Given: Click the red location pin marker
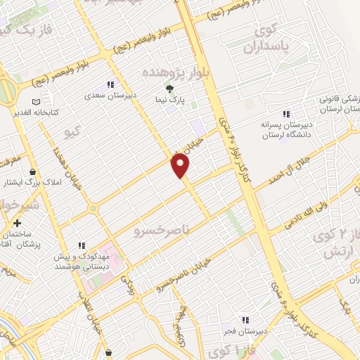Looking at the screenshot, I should click(x=181, y=166).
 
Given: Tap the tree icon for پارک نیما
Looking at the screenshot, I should click(x=169, y=88).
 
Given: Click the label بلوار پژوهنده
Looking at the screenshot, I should click(x=173, y=72).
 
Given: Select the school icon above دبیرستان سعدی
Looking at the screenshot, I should click(x=110, y=84).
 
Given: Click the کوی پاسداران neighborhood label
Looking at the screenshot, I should click(x=262, y=39).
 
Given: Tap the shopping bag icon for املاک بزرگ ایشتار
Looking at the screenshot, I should click(x=32, y=171).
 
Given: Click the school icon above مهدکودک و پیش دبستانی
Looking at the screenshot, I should click(x=82, y=246).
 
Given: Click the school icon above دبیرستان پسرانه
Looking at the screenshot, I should click(x=285, y=114).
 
